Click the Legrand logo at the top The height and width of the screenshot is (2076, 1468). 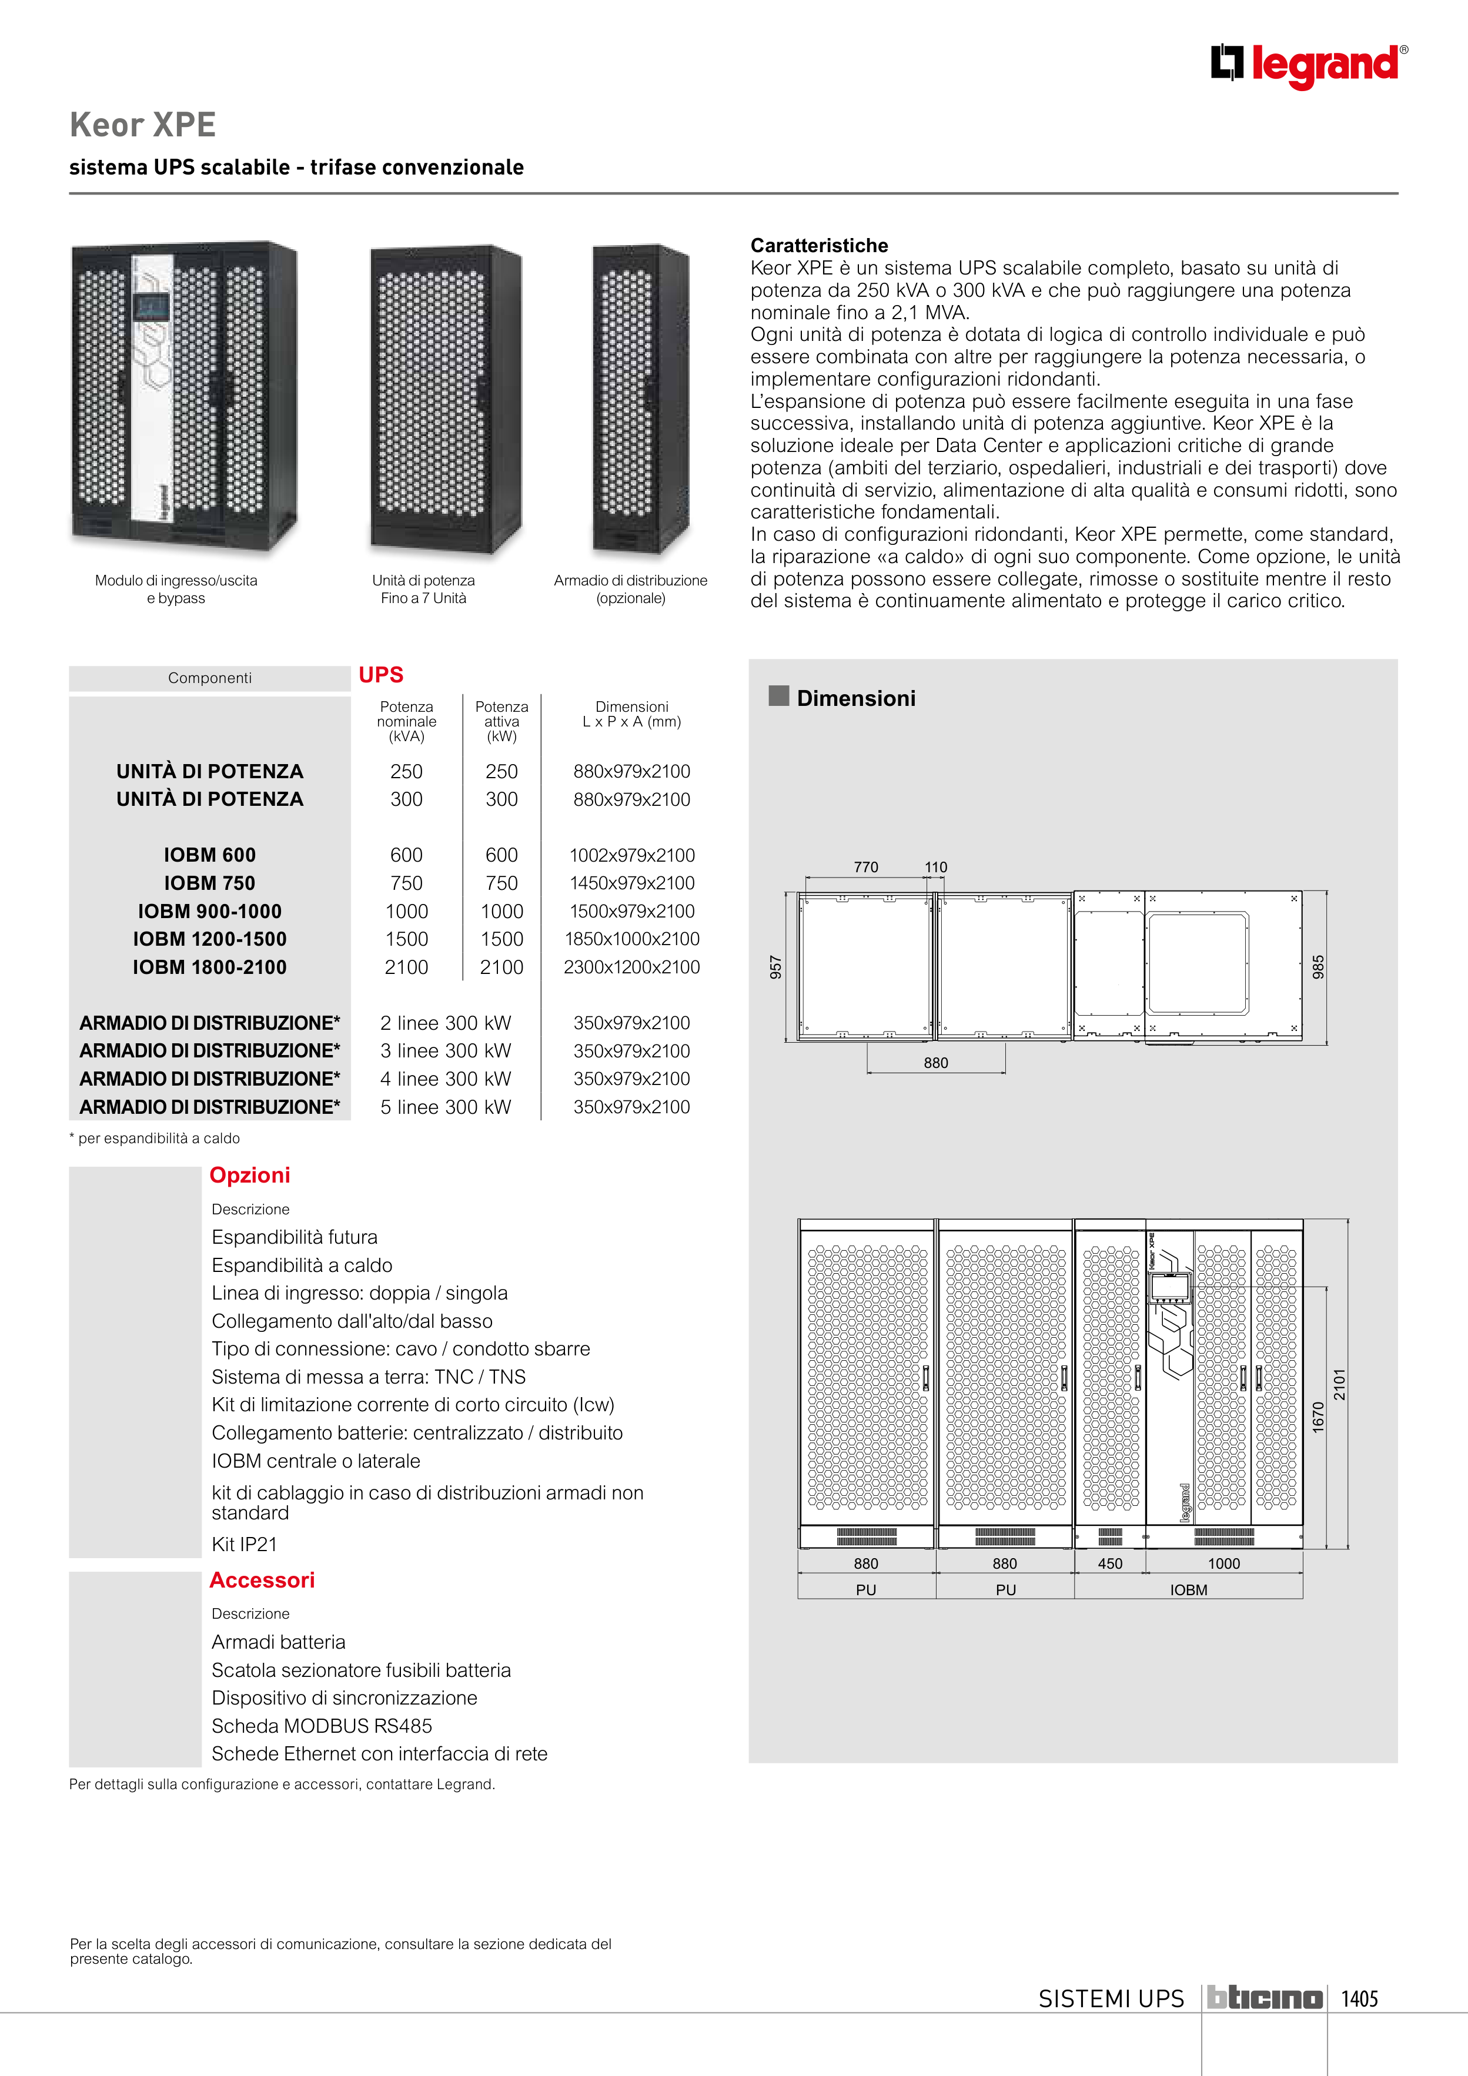(1309, 65)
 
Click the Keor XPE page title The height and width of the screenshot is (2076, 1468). (143, 125)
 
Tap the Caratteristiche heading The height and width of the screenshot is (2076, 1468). (818, 245)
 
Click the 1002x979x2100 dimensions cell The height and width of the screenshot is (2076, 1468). (631, 855)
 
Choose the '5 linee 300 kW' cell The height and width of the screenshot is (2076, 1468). (445, 1107)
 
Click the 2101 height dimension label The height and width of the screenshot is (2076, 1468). (1340, 1384)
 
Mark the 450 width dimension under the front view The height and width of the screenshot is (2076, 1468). (1110, 1563)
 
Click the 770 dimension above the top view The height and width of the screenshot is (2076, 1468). (865, 867)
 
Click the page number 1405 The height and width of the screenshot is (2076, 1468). (1359, 1998)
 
